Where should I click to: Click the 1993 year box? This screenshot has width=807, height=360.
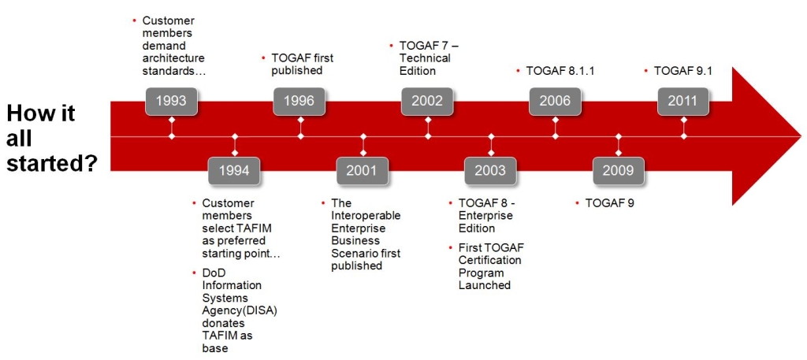coord(171,101)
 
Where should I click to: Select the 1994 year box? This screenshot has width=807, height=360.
coord(234,171)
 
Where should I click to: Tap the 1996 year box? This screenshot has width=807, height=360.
coord(299,101)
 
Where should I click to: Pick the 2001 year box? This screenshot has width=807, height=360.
coord(363,171)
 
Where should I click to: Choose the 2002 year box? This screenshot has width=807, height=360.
coord(427,101)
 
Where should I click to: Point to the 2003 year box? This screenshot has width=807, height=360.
coord(490,171)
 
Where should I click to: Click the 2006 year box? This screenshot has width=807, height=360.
coord(555,101)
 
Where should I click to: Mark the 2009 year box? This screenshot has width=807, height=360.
coord(618,171)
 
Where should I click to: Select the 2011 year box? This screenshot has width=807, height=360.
coord(683,101)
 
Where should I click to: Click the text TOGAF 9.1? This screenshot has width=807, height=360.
coord(683,71)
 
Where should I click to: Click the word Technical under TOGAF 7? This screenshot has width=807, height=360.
coord(425,58)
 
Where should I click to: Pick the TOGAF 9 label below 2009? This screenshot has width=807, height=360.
coord(610,203)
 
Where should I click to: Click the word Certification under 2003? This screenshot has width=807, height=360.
coord(489,260)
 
